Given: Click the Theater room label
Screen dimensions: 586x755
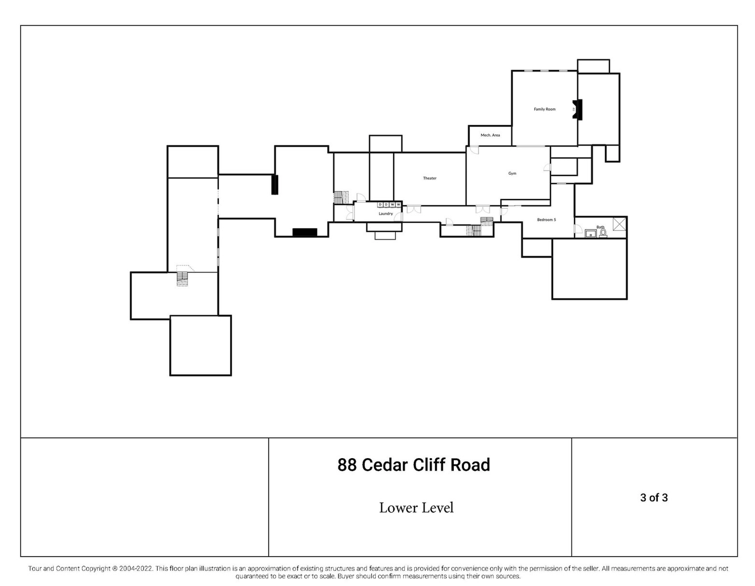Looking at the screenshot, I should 429,178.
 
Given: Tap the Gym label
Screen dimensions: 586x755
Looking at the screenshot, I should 512,174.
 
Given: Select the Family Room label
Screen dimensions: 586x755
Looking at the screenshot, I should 544,109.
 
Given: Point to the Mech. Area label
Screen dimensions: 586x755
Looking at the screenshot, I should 490,135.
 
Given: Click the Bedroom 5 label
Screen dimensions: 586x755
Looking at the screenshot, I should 546,220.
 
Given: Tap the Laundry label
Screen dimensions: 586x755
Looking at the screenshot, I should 385,214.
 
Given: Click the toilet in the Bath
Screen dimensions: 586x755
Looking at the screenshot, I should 602,233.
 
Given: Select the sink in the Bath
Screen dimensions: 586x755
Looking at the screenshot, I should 590,234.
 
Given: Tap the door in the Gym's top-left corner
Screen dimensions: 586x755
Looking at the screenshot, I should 474,150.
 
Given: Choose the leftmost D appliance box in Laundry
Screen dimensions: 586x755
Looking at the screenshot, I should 380,205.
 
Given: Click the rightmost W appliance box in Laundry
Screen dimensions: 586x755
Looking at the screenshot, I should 398,205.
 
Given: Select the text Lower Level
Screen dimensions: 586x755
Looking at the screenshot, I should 416,508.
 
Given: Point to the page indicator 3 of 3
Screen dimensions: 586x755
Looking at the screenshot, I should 654,498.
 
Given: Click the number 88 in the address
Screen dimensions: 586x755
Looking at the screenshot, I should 347,465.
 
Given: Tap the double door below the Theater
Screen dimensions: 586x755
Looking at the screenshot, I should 413,209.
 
